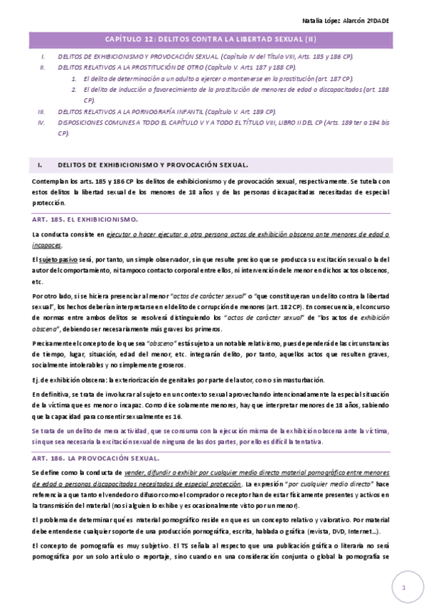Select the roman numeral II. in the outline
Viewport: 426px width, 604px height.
point(43,66)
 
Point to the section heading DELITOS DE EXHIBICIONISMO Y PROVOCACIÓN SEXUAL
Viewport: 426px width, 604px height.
point(152,165)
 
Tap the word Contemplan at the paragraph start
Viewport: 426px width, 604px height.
point(48,182)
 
